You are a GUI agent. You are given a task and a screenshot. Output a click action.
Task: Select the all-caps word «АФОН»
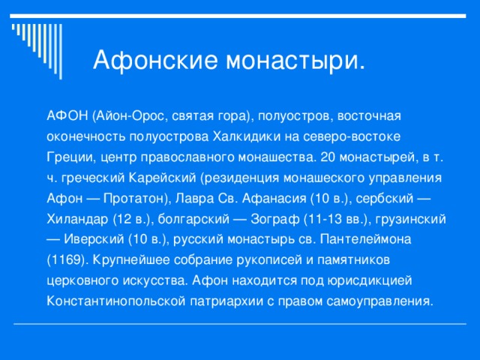(x=67, y=118)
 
